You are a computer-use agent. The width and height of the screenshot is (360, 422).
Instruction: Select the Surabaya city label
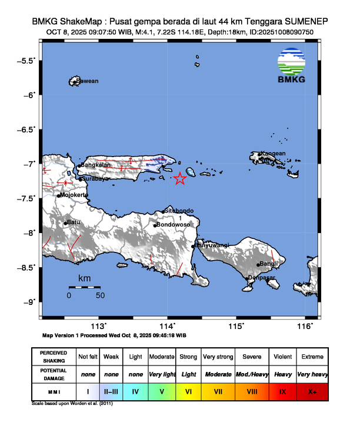pos(94,178)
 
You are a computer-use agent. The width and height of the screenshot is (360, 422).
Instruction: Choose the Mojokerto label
pos(74,195)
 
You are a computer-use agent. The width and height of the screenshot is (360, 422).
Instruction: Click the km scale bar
pos(84,287)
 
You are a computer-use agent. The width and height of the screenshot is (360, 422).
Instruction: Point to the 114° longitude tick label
pos(167,326)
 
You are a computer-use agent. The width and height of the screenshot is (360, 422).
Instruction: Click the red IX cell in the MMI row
pos(282,391)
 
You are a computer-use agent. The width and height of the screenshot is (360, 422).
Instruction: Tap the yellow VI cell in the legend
pos(189,391)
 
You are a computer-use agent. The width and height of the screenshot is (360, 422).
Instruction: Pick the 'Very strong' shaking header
pos(218,357)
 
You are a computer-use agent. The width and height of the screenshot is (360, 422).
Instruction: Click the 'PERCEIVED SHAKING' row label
pos(53,357)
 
